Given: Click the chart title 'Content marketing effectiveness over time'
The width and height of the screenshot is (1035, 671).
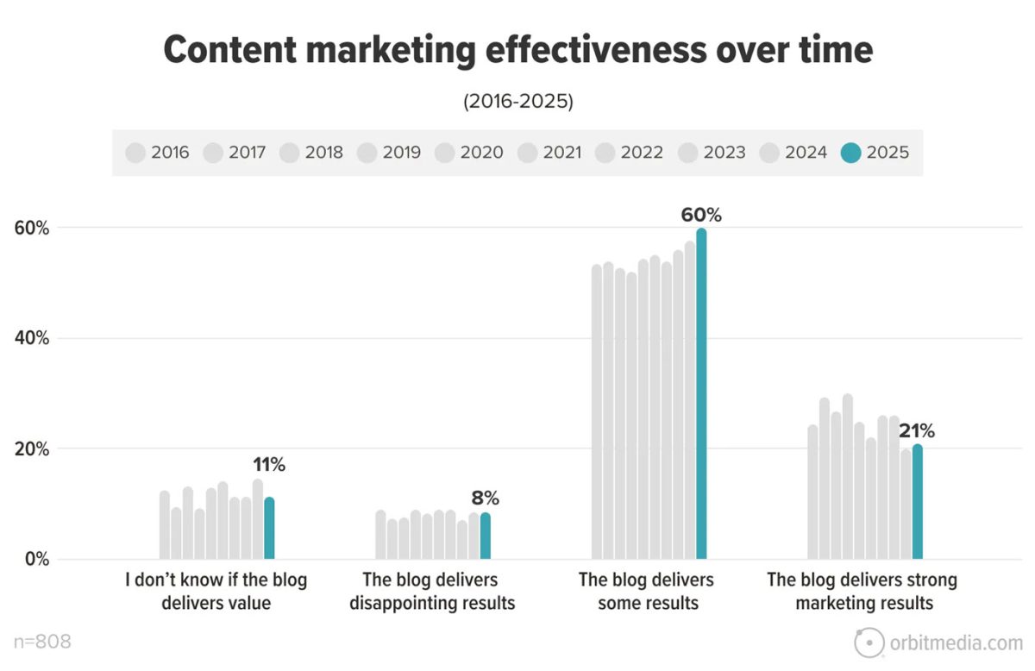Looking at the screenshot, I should click(x=517, y=51).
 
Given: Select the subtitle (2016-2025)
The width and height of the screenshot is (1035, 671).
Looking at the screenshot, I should click(x=517, y=101).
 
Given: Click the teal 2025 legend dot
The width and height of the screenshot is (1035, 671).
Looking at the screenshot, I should click(x=850, y=153).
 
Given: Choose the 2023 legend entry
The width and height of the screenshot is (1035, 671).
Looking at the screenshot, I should click(x=711, y=153).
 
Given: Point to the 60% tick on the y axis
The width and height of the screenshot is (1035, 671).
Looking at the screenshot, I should click(x=30, y=229).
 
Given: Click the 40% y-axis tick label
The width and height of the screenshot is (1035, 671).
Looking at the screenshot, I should click(x=30, y=339).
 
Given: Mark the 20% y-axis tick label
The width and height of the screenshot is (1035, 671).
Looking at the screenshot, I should click(x=30, y=449).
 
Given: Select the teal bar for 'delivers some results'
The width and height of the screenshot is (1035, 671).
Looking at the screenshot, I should click(x=701, y=393).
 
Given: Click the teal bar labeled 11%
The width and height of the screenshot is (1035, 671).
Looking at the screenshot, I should click(x=269, y=528).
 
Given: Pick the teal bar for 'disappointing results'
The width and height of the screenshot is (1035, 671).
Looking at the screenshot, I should click(x=485, y=536).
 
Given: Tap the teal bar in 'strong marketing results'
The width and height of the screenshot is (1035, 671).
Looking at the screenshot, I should click(x=917, y=501).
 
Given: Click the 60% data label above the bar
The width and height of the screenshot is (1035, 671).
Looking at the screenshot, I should click(x=701, y=216).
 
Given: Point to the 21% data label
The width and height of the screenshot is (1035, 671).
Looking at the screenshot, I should click(x=916, y=431).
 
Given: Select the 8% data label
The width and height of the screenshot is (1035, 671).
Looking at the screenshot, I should click(x=485, y=499).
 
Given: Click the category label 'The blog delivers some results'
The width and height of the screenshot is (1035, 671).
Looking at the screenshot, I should click(x=648, y=591).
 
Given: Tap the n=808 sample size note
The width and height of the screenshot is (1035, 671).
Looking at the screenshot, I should click(x=42, y=642).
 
